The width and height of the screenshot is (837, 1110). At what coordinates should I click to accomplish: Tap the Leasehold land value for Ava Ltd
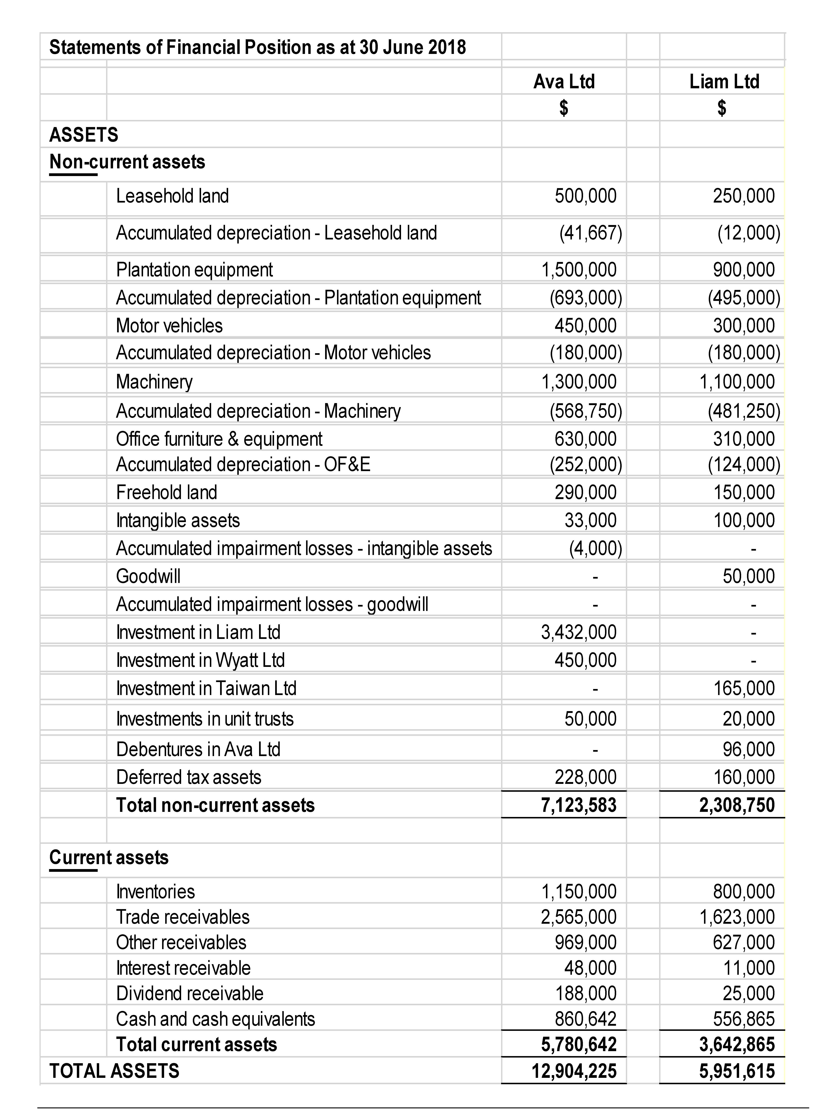585,196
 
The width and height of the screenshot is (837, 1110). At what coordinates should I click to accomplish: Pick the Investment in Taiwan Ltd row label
206,688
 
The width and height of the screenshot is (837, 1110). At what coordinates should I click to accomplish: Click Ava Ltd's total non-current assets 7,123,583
578,805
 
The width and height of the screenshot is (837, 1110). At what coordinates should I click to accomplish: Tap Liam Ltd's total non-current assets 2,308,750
737,805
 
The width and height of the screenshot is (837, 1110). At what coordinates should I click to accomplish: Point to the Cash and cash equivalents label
215,1019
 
